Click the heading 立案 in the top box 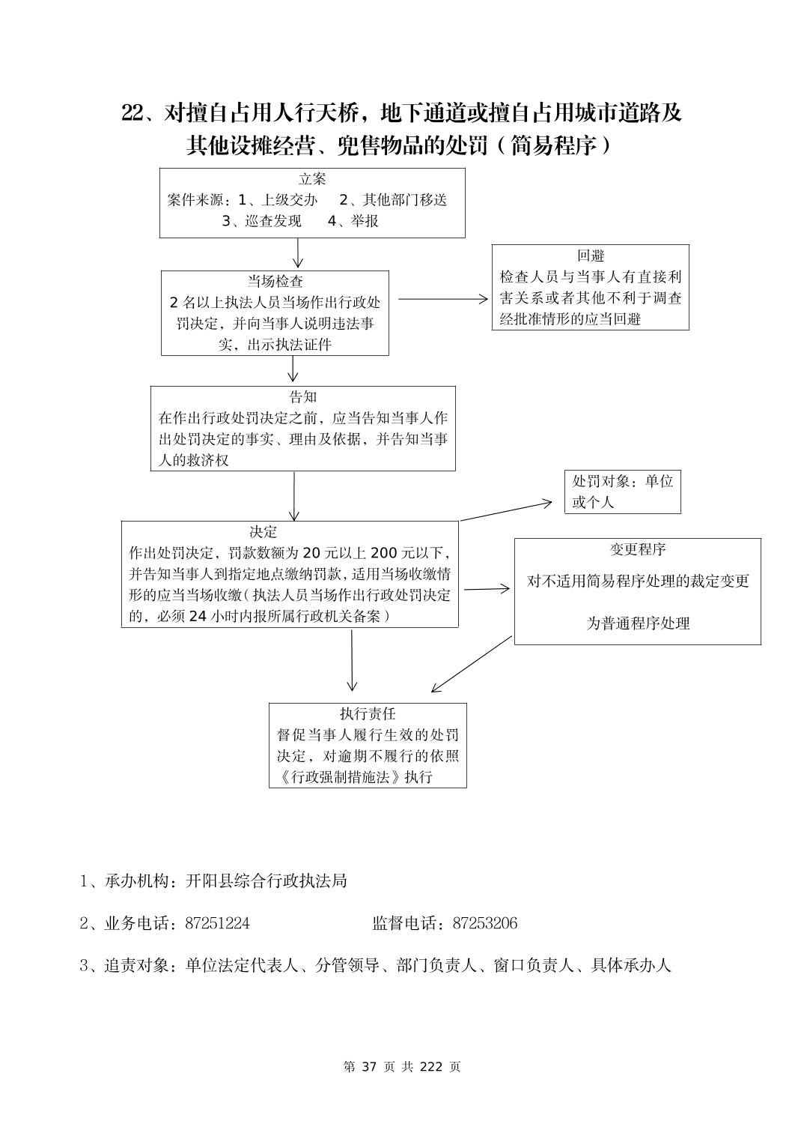tap(312, 179)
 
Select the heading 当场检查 tap(275, 282)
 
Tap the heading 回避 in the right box tap(590, 256)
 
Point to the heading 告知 tap(302, 397)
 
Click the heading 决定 tap(264, 532)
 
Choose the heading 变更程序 tap(637, 549)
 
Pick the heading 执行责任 tap(367, 714)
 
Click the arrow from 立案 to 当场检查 tap(298, 253)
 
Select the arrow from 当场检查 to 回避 tap(442, 299)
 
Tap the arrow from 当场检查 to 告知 tap(293, 369)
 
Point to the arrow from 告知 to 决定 tap(294, 495)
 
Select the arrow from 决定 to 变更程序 tap(487, 589)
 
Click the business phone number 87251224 tap(217, 923)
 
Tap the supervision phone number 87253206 tap(484, 923)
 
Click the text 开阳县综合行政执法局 tap(266, 881)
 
